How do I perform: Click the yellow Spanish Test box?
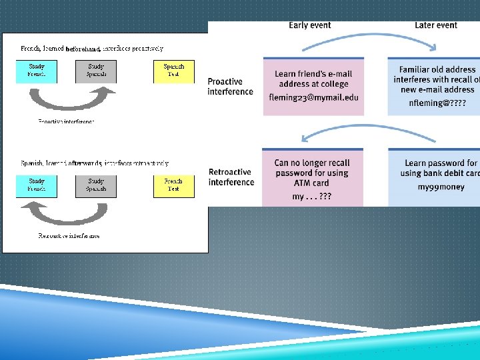coord(173,71)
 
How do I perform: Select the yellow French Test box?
coord(173,185)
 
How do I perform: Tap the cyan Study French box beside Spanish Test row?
coord(37,71)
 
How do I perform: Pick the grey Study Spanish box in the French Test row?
coord(96,185)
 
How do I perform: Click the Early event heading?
coord(309,25)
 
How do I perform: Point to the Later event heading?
coord(436,25)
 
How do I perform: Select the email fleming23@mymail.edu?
coord(313,97)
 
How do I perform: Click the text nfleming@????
coord(437,103)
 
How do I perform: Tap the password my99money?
coord(441,187)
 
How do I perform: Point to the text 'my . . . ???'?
coord(312,197)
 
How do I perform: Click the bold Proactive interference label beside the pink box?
coord(230,87)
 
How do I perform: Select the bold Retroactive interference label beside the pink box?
coord(231,177)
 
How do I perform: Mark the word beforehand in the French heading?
coord(83,49)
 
